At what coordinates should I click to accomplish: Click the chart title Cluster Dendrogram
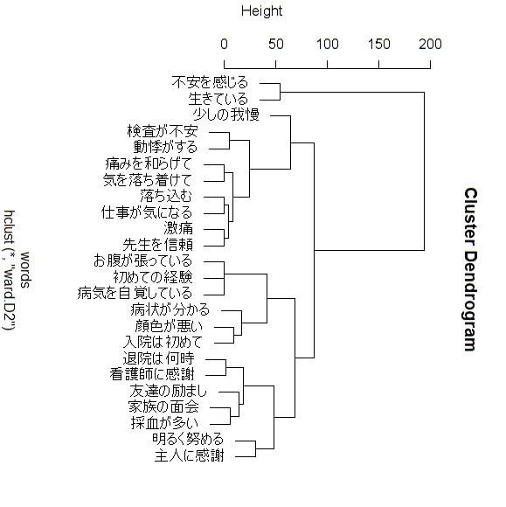pyautogui.click(x=471, y=269)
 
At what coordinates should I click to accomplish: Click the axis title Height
pyautogui.click(x=261, y=11)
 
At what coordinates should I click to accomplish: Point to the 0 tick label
pyautogui.click(x=224, y=44)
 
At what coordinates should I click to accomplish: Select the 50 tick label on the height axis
pyautogui.click(x=276, y=44)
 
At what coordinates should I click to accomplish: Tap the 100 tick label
pyautogui.click(x=327, y=44)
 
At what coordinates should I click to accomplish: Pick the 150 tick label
pyautogui.click(x=379, y=44)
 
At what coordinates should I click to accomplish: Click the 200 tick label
pyautogui.click(x=430, y=44)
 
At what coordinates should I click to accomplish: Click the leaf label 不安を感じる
pyautogui.click(x=210, y=82)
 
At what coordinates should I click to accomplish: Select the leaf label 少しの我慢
pyautogui.click(x=226, y=115)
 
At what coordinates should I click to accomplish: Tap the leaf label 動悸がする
pyautogui.click(x=165, y=148)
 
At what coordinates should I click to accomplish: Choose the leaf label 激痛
pyautogui.click(x=178, y=229)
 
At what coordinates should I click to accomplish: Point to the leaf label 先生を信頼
pyautogui.click(x=158, y=245)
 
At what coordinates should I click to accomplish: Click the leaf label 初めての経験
pyautogui.click(x=153, y=277)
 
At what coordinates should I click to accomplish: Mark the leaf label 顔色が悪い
pyautogui.click(x=169, y=326)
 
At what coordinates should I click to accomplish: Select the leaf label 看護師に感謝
pyautogui.click(x=152, y=375)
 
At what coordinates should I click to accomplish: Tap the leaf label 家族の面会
pyautogui.click(x=163, y=407)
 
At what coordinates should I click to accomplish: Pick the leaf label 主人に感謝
pyautogui.click(x=190, y=456)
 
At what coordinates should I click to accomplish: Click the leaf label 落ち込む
pyautogui.click(x=166, y=197)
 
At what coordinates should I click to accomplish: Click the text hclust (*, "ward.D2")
pyautogui.click(x=9, y=269)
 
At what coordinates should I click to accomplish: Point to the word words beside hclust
pyautogui.click(x=25, y=269)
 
